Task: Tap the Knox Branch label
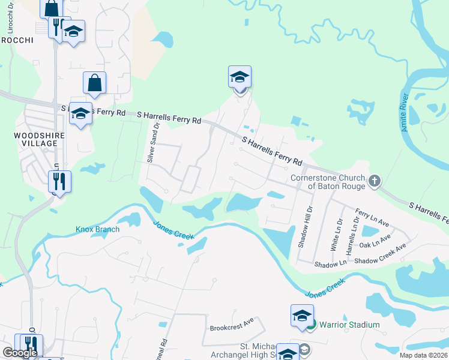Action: (x=97, y=229)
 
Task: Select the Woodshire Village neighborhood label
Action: (x=38, y=140)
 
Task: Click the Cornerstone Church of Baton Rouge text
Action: (x=327, y=182)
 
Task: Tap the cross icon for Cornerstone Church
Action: (x=374, y=181)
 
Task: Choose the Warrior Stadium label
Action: (x=349, y=325)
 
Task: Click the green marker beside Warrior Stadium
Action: (x=311, y=325)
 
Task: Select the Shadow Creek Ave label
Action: (x=380, y=253)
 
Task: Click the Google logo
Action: (x=19, y=352)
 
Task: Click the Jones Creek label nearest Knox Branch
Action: (x=174, y=230)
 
